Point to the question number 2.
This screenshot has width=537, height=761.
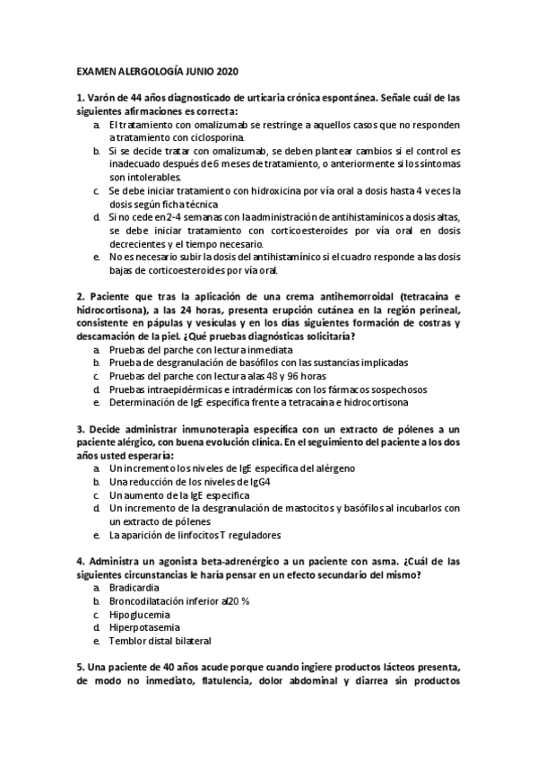80,295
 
